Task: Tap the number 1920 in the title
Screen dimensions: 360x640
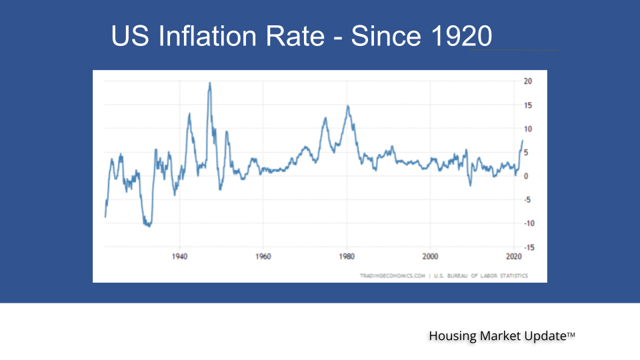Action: tap(457, 36)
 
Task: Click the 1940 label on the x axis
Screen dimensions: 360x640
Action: tap(179, 256)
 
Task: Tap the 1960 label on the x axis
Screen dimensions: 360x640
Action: tap(263, 256)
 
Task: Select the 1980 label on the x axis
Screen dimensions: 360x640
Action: tap(347, 256)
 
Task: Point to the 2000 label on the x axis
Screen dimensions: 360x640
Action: tap(431, 256)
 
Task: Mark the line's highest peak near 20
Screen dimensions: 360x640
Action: tap(210, 83)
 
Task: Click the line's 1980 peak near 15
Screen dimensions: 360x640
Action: tap(347, 106)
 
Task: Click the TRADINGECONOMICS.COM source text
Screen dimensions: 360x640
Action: tap(393, 275)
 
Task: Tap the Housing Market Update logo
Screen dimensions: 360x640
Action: tap(501, 337)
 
